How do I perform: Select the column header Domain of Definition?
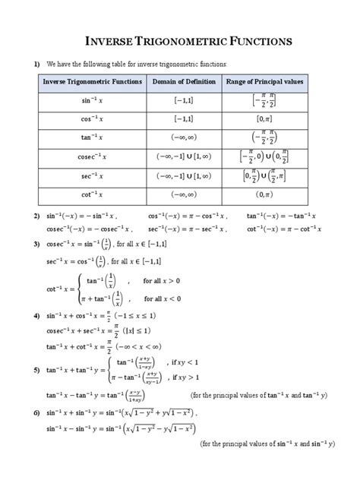(x=184, y=81)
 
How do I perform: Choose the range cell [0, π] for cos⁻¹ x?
(x=264, y=118)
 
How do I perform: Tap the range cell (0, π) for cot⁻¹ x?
(x=264, y=194)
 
